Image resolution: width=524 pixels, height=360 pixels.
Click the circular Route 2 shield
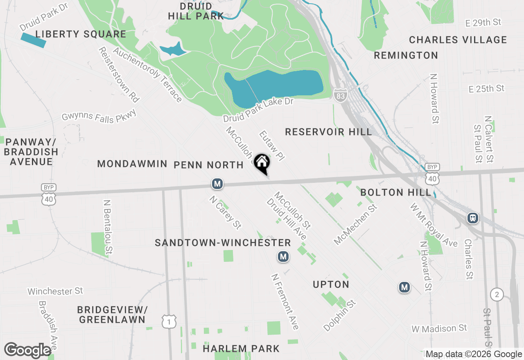[x=497, y=294]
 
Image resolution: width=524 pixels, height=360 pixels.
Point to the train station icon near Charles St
[x=473, y=218]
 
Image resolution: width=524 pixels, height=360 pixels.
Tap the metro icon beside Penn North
[x=217, y=184]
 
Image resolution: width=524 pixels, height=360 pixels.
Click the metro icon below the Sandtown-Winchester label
[x=283, y=256]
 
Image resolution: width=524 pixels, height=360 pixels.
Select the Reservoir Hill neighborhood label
[x=329, y=132]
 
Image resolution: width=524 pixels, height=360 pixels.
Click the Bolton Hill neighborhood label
[x=396, y=192]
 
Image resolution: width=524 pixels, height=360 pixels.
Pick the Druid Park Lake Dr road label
[x=258, y=110]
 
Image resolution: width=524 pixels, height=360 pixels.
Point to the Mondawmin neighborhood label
[x=132, y=164]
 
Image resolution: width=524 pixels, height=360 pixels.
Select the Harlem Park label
[x=241, y=349]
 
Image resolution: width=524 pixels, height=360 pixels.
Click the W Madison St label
[x=439, y=328]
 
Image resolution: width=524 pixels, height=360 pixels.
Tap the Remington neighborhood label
[x=406, y=55]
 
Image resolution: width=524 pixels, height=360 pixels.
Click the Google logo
[x=28, y=350]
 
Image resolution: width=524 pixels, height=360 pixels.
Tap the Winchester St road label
[x=55, y=291]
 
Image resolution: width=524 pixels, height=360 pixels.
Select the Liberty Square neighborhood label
[x=81, y=34]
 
